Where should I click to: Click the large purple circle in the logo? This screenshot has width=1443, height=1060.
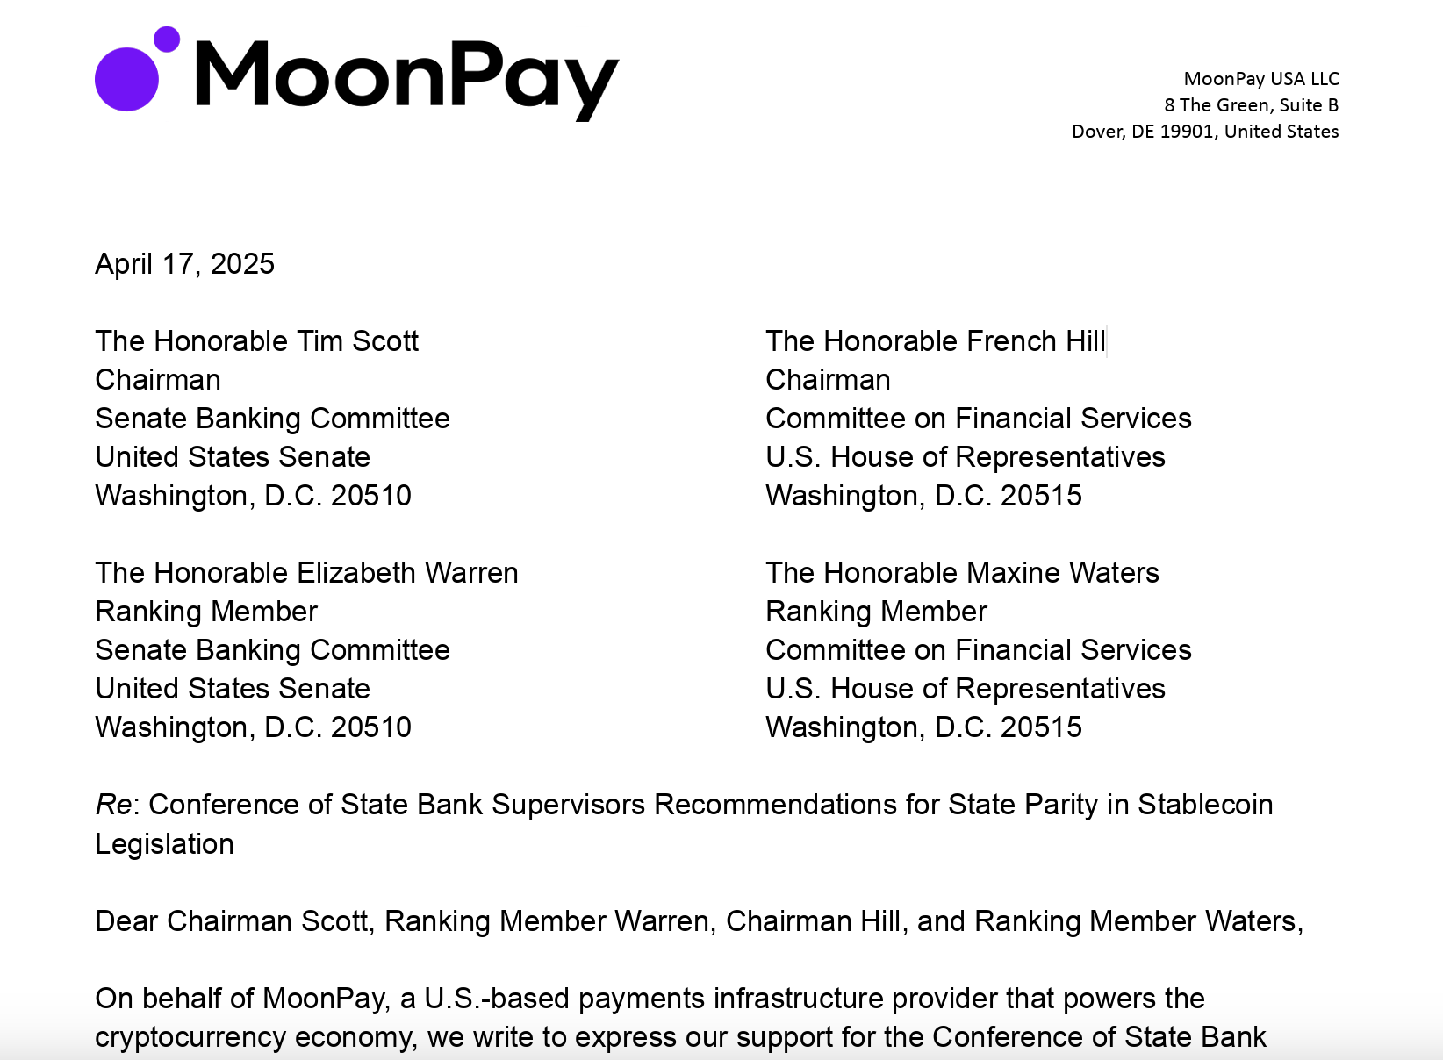tap(126, 79)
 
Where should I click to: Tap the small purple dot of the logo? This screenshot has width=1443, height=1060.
tap(167, 39)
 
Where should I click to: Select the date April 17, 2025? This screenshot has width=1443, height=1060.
tap(184, 264)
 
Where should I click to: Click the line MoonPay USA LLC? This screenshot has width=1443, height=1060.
tap(1260, 79)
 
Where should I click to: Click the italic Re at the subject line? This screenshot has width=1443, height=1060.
tap(113, 805)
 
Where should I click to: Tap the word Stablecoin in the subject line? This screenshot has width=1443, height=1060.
tap(1205, 805)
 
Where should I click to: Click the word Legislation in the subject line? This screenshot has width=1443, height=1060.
tap(164, 844)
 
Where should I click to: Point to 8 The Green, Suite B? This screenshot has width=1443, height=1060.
tap(1251, 105)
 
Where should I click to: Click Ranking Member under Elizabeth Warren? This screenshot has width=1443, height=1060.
tap(206, 612)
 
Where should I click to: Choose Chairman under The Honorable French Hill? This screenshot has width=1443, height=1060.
tap(828, 380)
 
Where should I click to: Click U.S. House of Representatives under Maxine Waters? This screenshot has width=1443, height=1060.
tap(965, 689)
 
